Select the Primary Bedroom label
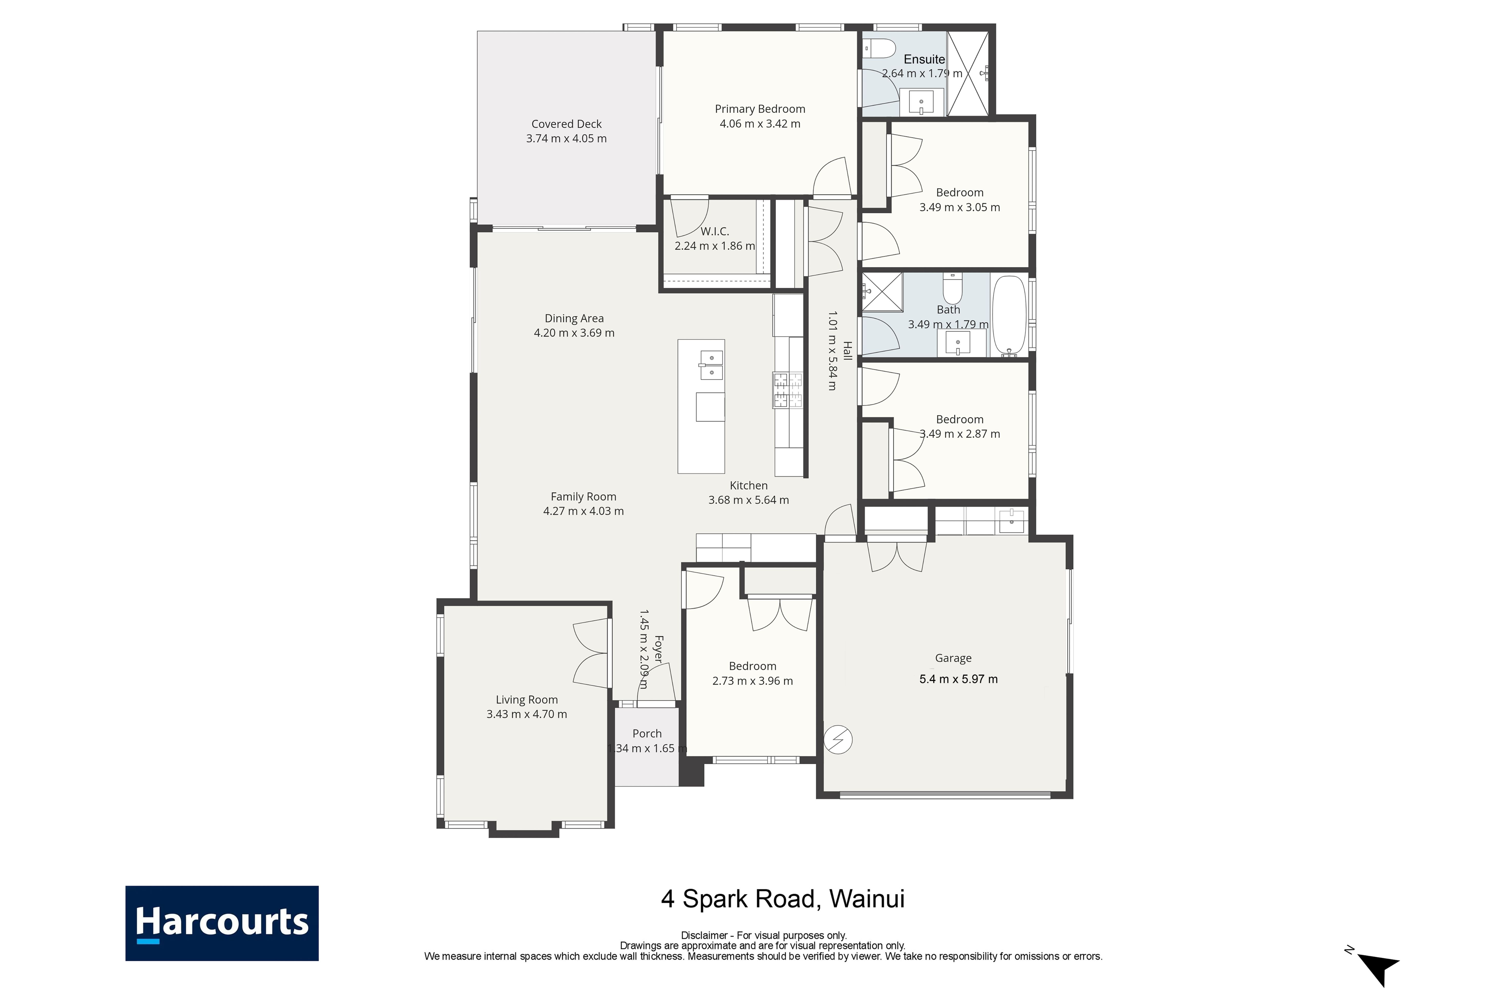point(760,109)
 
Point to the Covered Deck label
point(566,124)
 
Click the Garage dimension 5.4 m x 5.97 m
point(958,679)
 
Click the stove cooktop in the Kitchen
point(788,390)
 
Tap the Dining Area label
point(574,319)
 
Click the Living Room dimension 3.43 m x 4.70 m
point(526,714)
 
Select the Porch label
point(647,733)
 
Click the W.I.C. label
point(715,231)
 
